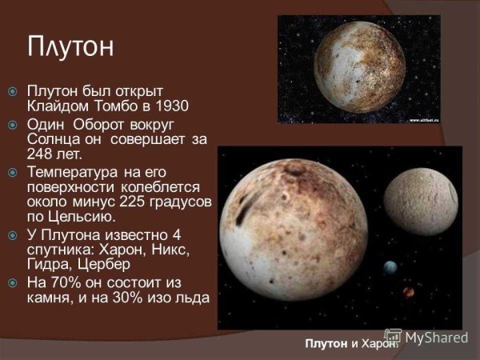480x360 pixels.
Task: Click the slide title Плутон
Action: click(x=70, y=45)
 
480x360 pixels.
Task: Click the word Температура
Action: click(x=70, y=172)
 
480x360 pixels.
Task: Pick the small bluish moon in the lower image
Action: click(x=390, y=267)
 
